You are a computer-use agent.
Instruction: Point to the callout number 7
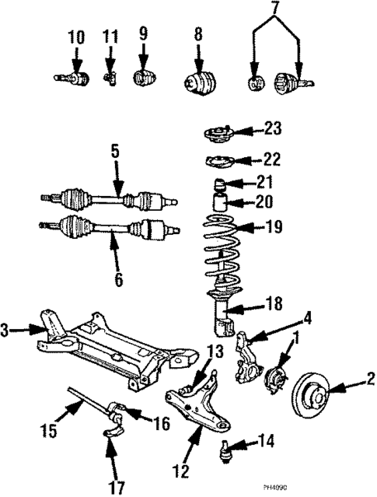click(x=274, y=9)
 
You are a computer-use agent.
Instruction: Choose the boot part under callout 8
click(x=201, y=82)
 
